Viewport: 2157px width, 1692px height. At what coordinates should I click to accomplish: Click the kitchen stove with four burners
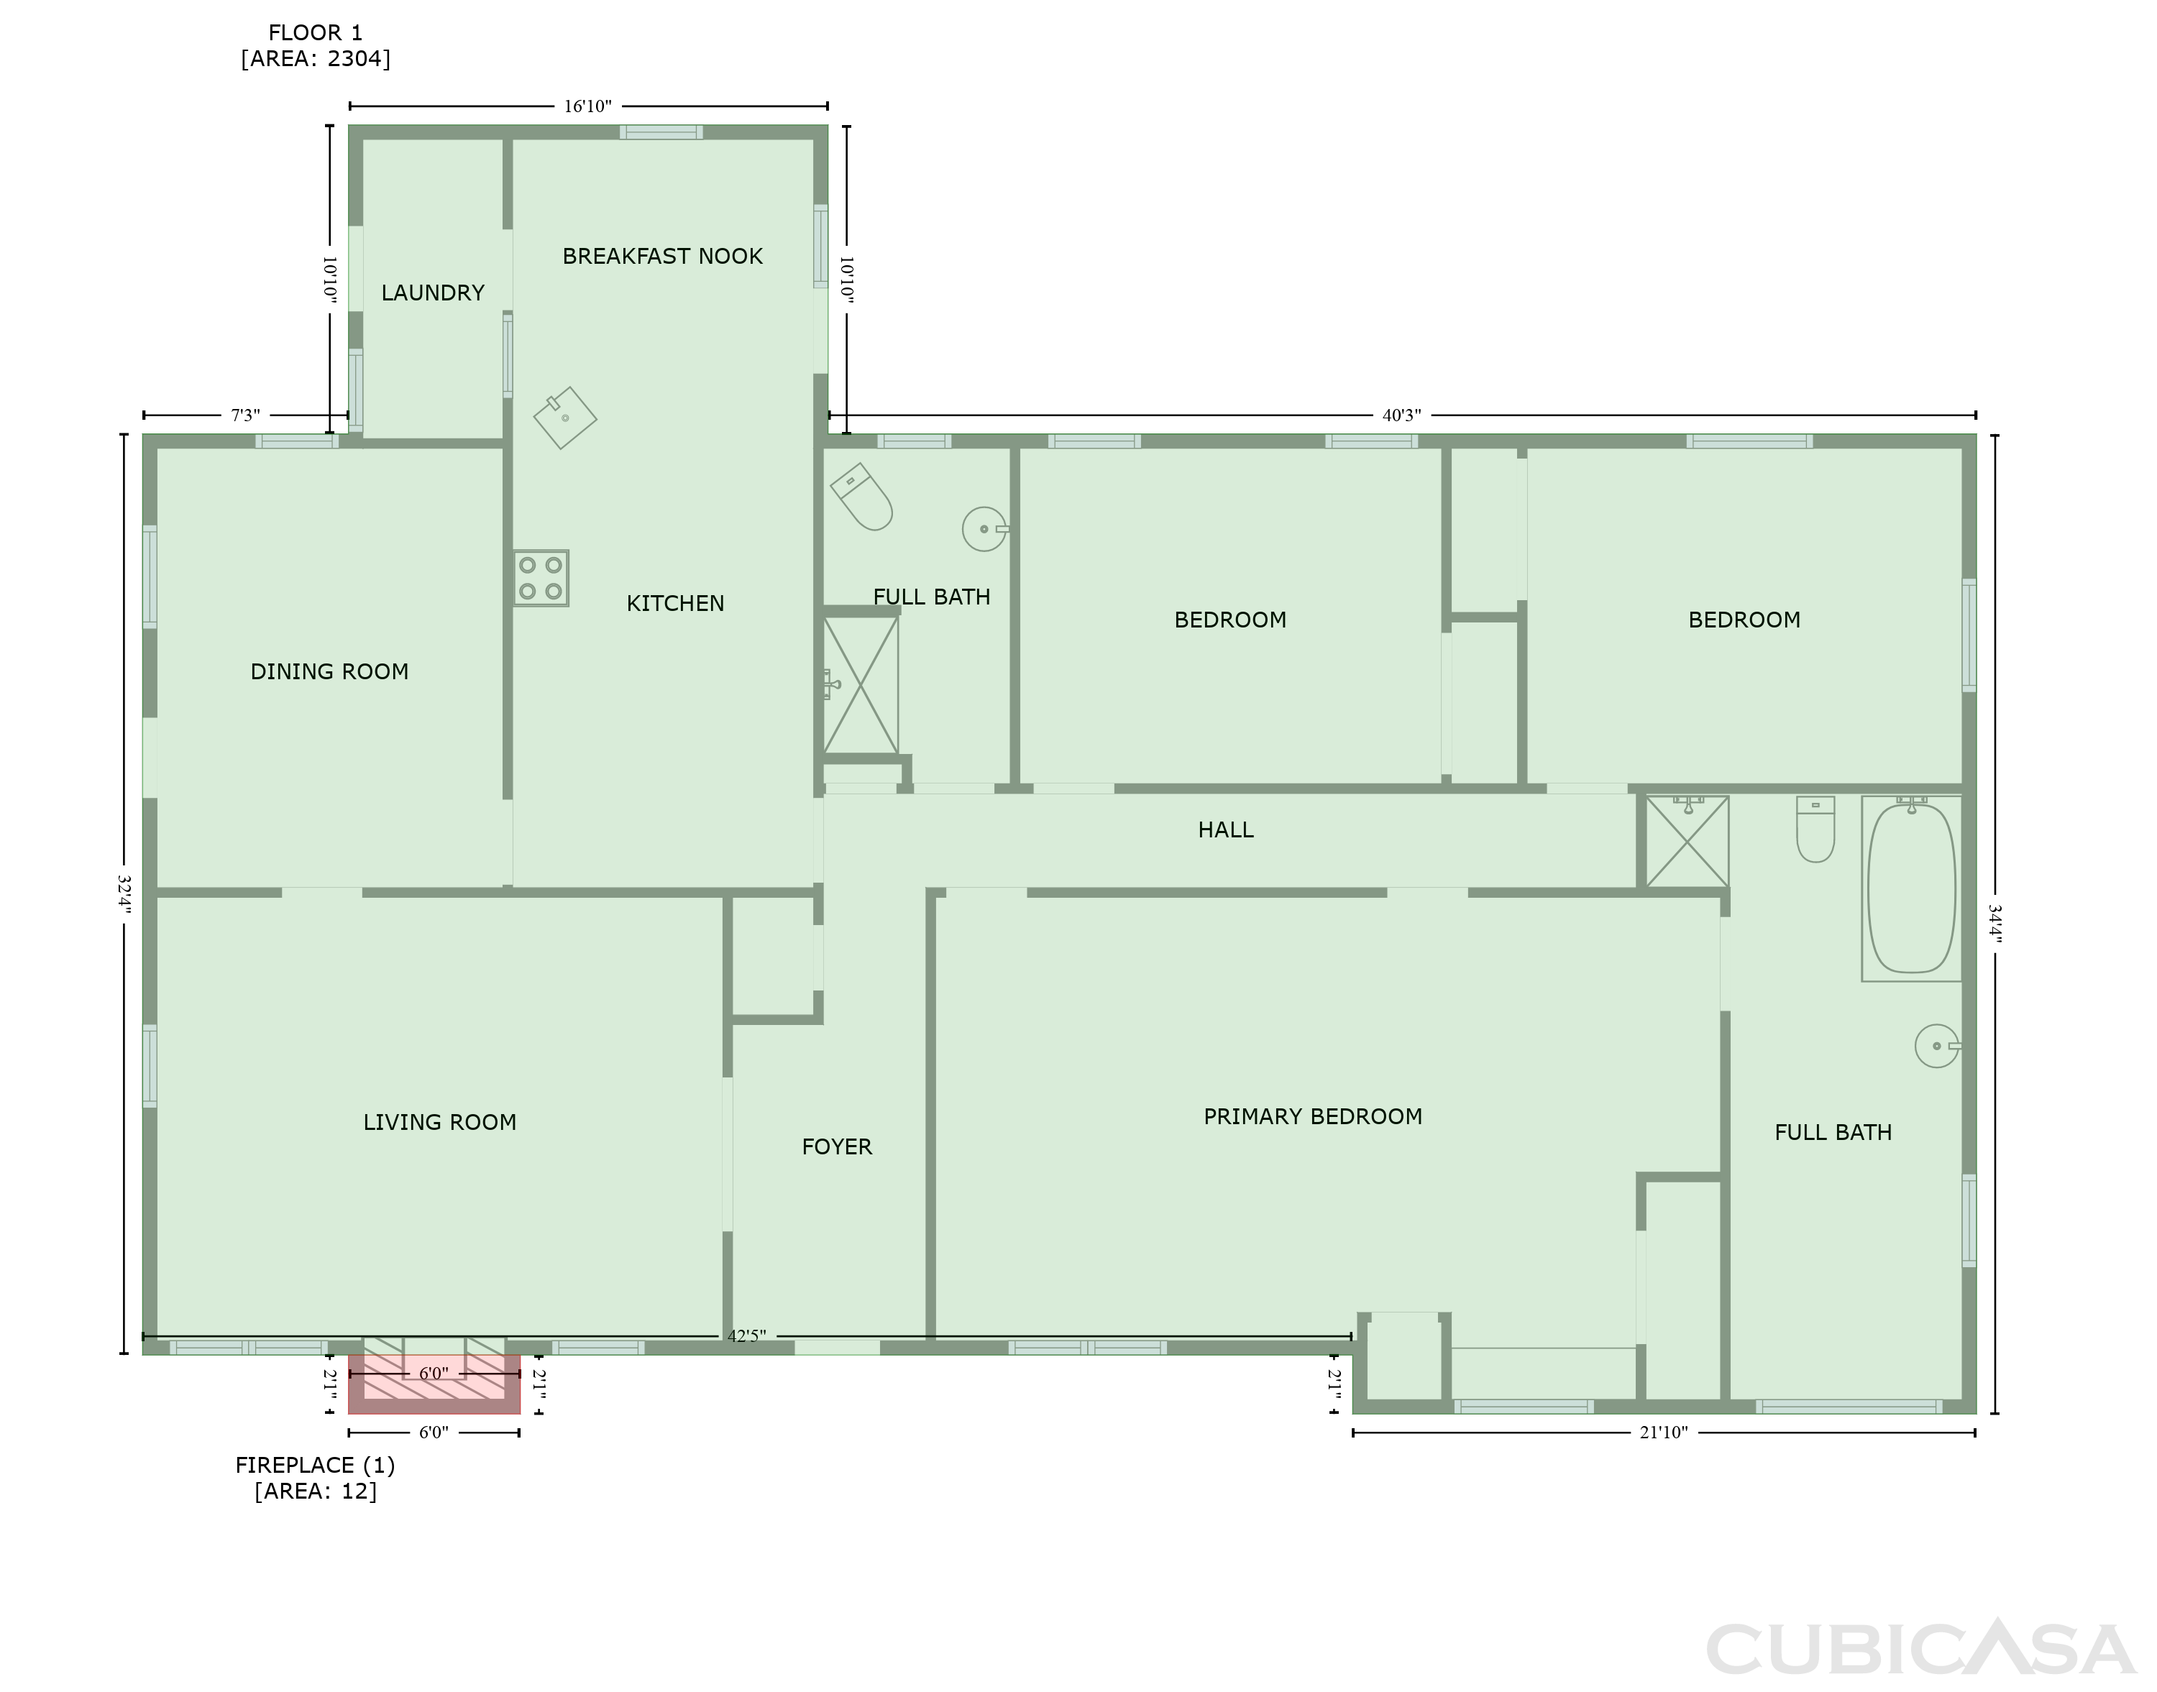(x=541, y=579)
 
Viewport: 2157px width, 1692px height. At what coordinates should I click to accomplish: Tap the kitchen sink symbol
(x=564, y=417)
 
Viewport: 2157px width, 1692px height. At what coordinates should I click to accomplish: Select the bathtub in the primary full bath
(x=1911, y=888)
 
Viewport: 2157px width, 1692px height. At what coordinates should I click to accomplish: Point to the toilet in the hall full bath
(x=861, y=496)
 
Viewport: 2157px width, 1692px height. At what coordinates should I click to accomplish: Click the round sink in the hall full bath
(x=985, y=529)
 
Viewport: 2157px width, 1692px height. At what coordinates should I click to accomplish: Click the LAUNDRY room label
(x=433, y=293)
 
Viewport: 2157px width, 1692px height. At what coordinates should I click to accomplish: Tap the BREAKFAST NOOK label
(x=663, y=257)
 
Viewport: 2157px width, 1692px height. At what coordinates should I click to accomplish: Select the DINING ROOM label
(x=330, y=671)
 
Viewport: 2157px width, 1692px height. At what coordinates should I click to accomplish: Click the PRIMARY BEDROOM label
(x=1313, y=1116)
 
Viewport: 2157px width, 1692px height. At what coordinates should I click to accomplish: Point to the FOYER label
(x=837, y=1147)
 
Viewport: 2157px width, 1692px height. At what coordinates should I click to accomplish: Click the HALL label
(x=1226, y=830)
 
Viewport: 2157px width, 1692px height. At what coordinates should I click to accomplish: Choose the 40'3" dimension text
(x=1402, y=415)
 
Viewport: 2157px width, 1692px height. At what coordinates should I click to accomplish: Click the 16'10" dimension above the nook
(x=587, y=106)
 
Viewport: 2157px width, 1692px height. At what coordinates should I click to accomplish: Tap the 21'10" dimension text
(x=1664, y=1433)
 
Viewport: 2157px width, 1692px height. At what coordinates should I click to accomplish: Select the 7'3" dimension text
(x=246, y=415)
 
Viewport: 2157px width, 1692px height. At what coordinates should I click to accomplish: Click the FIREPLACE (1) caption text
(x=315, y=1465)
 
